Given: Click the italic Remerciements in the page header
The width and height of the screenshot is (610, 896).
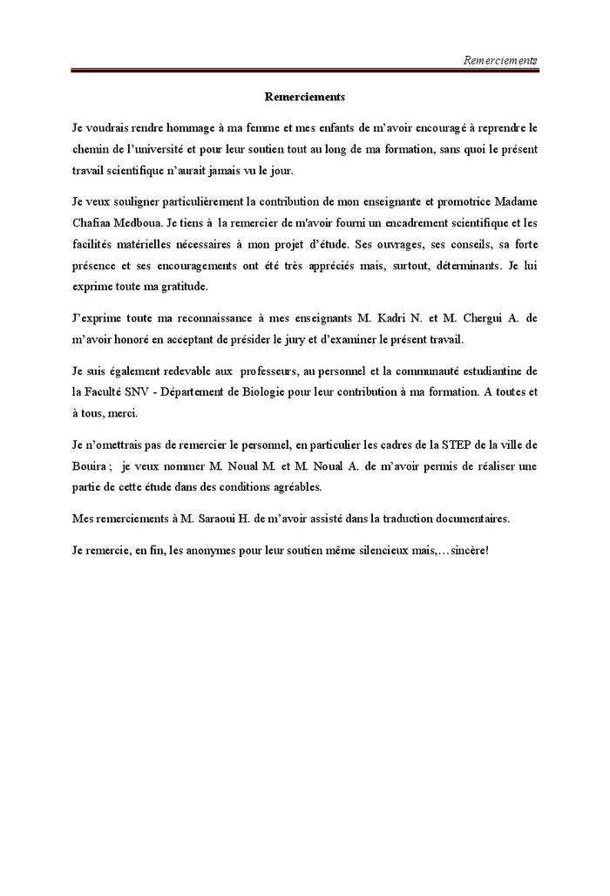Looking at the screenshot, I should (500, 60).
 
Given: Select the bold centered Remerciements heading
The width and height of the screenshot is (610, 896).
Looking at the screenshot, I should (304, 97).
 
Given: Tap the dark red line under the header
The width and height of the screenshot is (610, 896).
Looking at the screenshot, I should (304, 71).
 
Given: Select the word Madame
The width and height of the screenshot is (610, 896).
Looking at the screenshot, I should (514, 202).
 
